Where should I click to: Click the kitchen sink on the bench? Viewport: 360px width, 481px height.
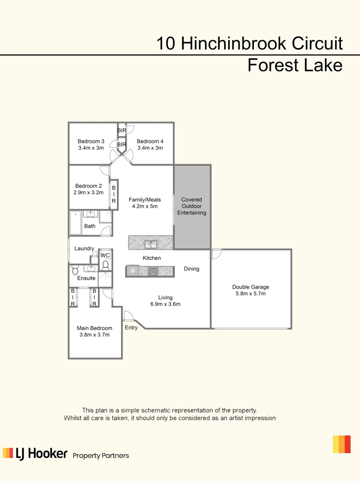(151, 244)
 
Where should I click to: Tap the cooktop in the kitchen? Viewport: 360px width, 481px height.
(153, 271)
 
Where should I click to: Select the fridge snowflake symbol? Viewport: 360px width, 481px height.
(132, 271)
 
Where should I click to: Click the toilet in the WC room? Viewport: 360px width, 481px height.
(105, 265)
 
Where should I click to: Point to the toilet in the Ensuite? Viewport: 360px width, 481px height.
(75, 270)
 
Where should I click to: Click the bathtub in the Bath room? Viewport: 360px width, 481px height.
(76, 223)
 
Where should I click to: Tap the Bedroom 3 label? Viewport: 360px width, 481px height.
(91, 142)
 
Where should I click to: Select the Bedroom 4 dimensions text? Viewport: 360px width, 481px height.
(150, 148)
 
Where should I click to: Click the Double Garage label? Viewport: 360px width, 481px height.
(250, 287)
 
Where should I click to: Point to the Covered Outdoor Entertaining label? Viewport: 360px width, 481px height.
(192, 206)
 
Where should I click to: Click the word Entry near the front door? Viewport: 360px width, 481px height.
(131, 328)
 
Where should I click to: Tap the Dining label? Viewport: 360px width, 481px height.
(192, 269)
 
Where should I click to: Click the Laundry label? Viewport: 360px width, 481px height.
(84, 249)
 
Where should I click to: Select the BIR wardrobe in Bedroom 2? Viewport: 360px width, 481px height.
(114, 195)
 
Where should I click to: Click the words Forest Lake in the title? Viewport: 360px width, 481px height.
(295, 65)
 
